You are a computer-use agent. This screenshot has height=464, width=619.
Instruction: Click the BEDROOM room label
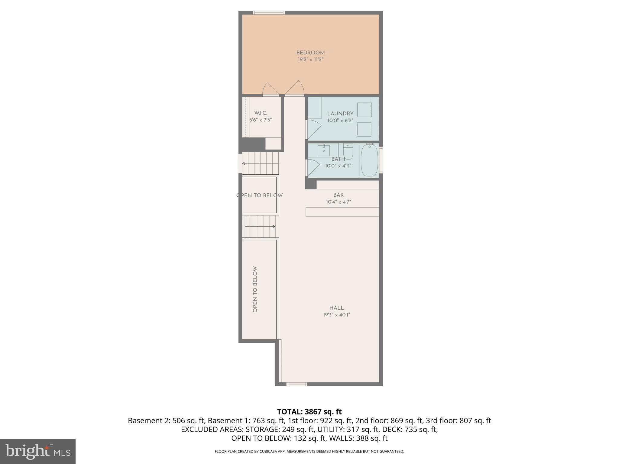coord(310,53)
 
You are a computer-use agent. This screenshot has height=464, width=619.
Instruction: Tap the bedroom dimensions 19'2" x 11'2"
coord(310,60)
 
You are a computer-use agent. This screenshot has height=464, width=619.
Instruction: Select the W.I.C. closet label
coord(261,113)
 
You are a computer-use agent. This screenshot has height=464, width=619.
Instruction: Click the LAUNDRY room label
coord(340,114)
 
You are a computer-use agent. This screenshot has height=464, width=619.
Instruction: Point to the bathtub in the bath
coord(369,160)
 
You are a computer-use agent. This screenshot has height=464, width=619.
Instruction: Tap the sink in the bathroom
coord(323,150)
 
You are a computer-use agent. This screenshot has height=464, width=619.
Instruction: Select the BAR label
coord(339,195)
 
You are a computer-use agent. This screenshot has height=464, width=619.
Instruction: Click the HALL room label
coord(336,308)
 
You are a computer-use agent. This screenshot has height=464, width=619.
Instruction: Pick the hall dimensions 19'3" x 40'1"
coord(336,315)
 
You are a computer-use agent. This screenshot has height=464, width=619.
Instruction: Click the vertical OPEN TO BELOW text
coord(255,289)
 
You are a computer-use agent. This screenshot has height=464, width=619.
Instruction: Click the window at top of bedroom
coord(269,13)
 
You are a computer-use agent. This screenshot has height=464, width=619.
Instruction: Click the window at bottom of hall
coord(297,384)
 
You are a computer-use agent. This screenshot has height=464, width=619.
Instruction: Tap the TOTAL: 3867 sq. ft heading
coord(309,412)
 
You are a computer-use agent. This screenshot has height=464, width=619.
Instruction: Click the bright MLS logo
coord(37,451)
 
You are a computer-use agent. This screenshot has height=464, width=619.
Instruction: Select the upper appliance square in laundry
coord(365,110)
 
